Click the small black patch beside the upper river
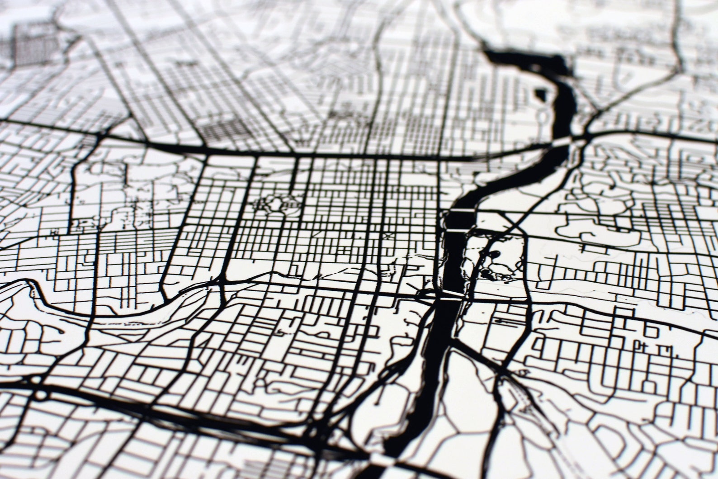[x=540, y=95]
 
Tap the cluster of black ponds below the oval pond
[x=487, y=273]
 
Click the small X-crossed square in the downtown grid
[x=387, y=236]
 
